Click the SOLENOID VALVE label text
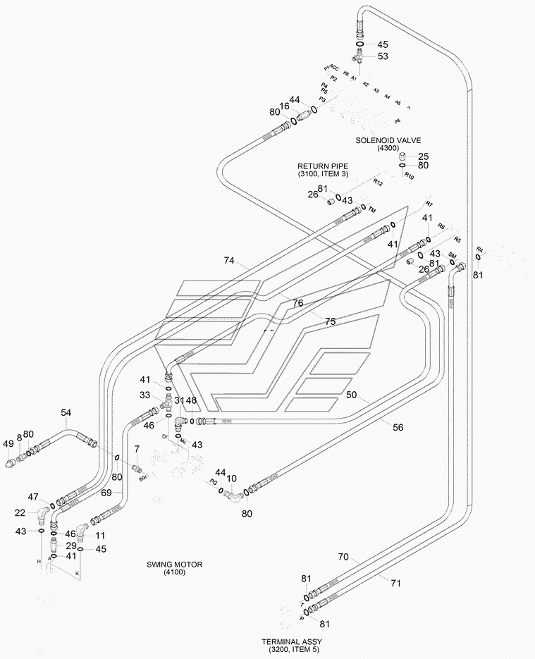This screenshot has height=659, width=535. coord(388,140)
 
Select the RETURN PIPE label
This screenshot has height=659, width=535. coord(323,166)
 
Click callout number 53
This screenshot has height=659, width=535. coord(383,56)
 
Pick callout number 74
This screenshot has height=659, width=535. coord(228,261)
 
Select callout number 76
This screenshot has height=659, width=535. coord(297,303)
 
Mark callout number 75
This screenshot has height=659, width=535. coord(330,321)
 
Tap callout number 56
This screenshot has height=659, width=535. coord(398,428)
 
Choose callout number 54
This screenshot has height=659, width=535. coord(66,412)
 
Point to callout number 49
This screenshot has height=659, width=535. coord(8,444)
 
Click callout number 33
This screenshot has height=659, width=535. coord(144,395)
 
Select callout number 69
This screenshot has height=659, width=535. coord(106,493)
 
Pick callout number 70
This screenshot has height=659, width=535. coord(343,557)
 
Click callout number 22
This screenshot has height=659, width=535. coord(20,512)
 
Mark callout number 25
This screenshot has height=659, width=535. coord(424,156)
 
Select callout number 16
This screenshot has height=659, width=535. coord(283,106)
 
